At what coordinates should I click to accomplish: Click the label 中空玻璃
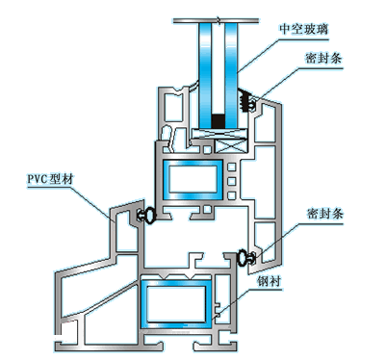(303, 29)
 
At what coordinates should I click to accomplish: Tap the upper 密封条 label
(323, 58)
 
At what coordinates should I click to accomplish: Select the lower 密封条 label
(325, 214)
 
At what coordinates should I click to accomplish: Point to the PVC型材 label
(51, 179)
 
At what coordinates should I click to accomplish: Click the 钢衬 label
(269, 281)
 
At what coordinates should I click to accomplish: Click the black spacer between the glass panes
(218, 121)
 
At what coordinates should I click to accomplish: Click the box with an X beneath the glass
(232, 146)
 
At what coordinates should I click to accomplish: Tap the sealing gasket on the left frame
(146, 215)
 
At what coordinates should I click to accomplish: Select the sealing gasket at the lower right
(246, 257)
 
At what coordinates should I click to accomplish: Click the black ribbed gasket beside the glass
(245, 101)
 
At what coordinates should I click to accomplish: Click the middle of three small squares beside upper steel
(232, 181)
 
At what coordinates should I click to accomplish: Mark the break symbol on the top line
(218, 20)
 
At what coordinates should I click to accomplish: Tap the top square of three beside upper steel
(232, 167)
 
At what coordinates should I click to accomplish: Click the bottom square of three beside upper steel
(232, 195)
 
